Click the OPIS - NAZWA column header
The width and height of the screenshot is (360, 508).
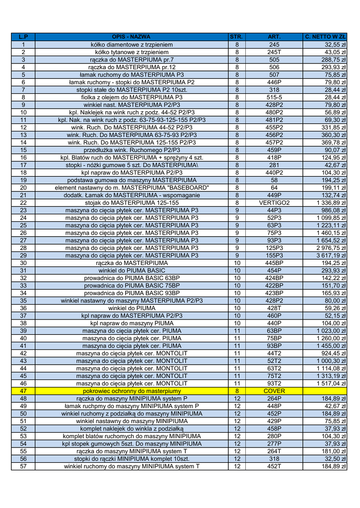[132, 37]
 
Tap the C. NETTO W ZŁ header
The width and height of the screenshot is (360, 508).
[326, 37]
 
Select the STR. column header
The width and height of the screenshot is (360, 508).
[237, 37]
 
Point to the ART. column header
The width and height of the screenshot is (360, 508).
[274, 37]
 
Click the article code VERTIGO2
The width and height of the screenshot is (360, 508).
[274, 203]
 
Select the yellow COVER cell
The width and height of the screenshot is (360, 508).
[274, 391]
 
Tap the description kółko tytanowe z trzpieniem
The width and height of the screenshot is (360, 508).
[132, 52]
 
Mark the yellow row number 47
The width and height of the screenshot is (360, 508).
[23, 391]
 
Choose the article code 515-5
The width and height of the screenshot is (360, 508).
[274, 97]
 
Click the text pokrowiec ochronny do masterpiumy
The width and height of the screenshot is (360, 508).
[132, 391]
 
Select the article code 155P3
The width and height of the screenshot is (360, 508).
[274, 255]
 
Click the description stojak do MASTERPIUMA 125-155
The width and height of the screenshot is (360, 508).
[132, 203]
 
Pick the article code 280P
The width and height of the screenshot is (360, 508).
[274, 436]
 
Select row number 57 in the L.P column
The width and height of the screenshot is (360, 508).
[23, 466]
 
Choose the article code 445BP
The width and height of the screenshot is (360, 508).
[274, 263]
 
